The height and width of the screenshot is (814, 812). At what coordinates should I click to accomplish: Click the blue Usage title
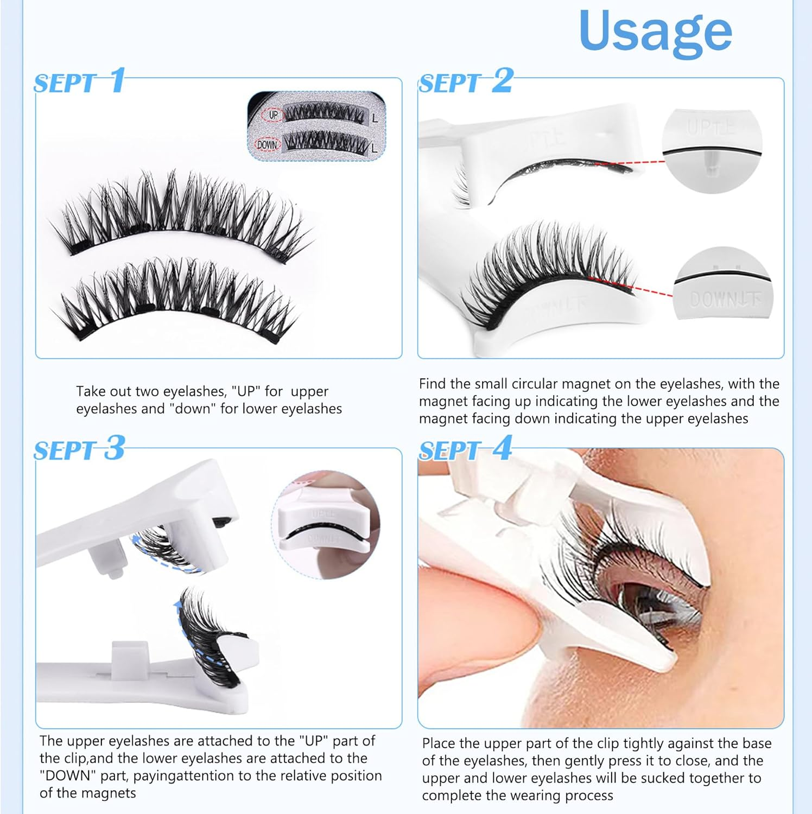(x=655, y=31)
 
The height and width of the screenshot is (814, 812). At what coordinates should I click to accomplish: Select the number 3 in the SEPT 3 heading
(x=115, y=448)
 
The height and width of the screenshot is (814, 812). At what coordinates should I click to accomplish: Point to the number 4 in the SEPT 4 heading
(x=502, y=448)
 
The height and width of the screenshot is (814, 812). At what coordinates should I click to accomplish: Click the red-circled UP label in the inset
(x=273, y=115)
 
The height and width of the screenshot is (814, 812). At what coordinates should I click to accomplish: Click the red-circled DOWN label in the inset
(x=267, y=145)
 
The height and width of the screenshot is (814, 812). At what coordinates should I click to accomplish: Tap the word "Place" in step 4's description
(x=439, y=743)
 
